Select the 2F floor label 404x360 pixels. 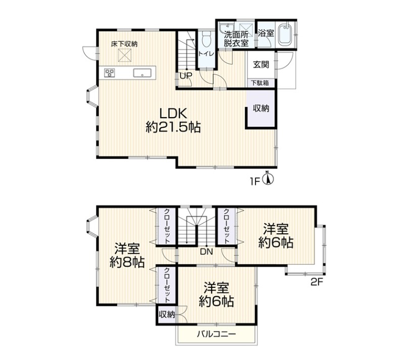[x=317, y=282]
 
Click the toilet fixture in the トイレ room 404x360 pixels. [x=207, y=39]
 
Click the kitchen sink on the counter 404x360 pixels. [x=142, y=73]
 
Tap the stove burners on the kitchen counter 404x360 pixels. [x=110, y=72]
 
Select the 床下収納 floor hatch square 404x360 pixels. [x=125, y=56]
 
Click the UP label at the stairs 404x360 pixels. [x=186, y=76]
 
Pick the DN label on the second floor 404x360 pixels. [x=207, y=251]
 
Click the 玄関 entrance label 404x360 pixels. [x=261, y=65]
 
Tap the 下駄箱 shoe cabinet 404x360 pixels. [x=260, y=83]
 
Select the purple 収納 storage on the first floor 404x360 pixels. [x=261, y=109]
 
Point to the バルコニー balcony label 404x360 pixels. [x=217, y=334]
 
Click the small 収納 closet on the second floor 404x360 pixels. [x=167, y=315]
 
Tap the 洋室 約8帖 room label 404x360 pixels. [x=127, y=255]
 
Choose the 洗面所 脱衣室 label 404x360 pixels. [x=235, y=39]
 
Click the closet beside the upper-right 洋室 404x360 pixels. [x=226, y=226]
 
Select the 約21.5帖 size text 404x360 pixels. [x=173, y=127]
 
